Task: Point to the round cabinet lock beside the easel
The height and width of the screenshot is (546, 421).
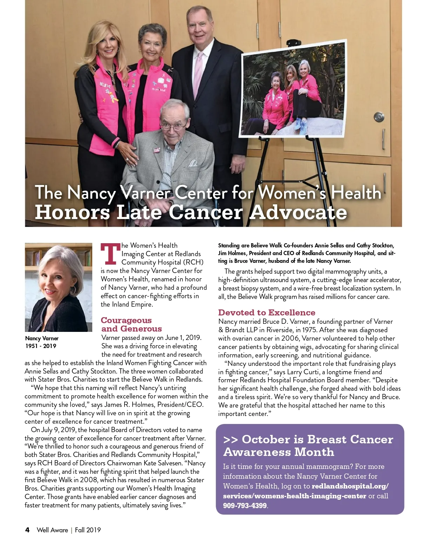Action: tap(379, 117)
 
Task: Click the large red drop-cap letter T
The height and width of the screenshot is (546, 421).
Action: tap(110, 254)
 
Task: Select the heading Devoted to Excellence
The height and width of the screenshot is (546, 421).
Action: tap(267, 312)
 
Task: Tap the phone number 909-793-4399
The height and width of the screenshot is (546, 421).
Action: tap(245, 506)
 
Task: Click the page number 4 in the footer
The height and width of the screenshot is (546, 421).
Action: tap(27, 530)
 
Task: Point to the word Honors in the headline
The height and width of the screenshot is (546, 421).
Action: tap(72, 212)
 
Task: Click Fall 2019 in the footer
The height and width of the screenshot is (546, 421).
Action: tap(88, 530)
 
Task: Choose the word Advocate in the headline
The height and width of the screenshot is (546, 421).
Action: tap(298, 212)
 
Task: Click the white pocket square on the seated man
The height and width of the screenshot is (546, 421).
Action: tap(193, 163)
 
